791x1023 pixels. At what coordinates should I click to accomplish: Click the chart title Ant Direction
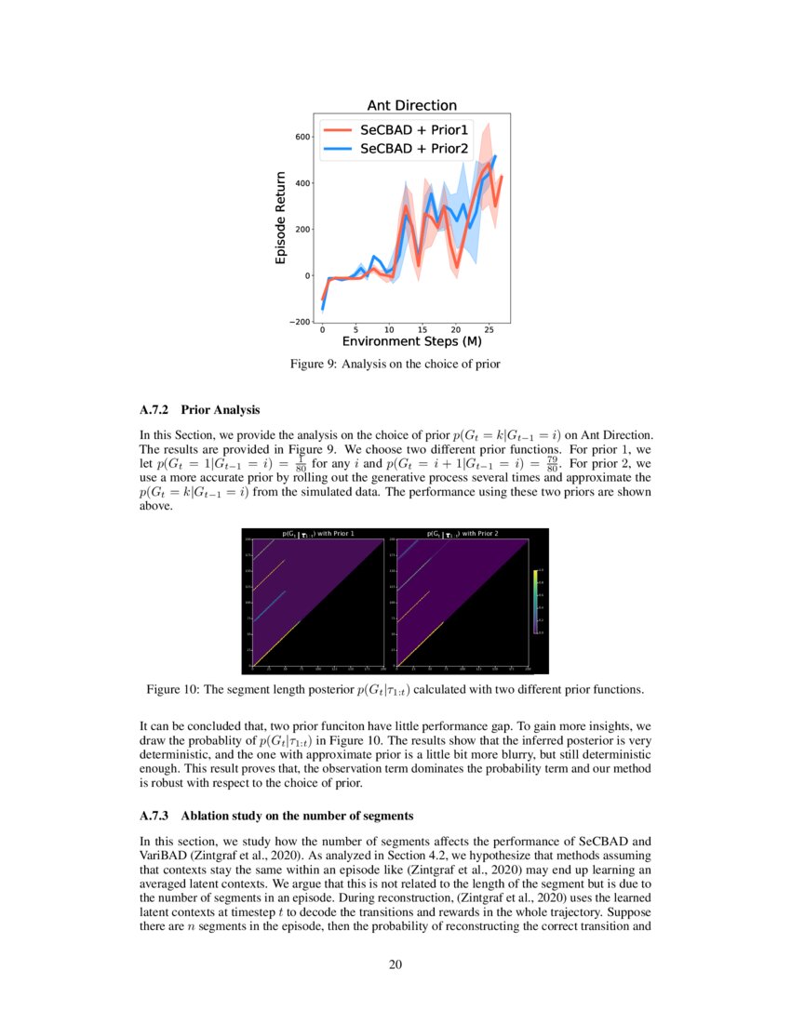tap(411, 106)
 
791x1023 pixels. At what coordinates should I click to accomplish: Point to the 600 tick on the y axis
tap(303, 137)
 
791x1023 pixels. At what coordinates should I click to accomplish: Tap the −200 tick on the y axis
tap(300, 322)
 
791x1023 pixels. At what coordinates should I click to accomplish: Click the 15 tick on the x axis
tap(422, 330)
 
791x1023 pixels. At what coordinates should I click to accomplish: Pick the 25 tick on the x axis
tap(489, 330)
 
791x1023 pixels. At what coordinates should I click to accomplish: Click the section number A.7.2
tap(155, 409)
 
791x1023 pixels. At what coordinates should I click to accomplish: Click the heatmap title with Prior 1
tap(318, 534)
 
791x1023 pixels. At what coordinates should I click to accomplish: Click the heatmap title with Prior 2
tap(463, 534)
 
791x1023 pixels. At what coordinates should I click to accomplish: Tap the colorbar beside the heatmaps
tap(535, 602)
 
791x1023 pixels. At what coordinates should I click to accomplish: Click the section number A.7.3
tap(155, 816)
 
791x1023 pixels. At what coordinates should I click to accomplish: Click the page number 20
tap(395, 963)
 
